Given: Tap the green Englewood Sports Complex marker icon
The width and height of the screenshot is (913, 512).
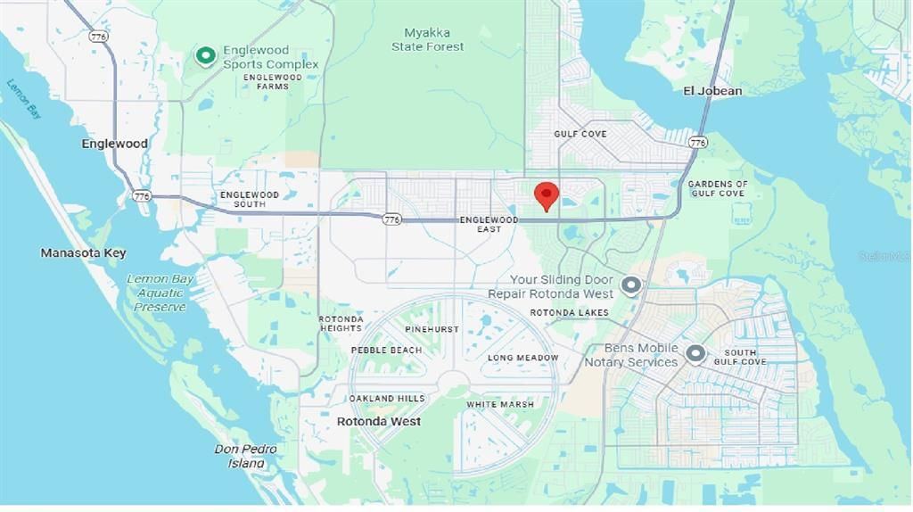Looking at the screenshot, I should [205, 56].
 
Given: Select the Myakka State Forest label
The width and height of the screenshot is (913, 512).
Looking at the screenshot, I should [427, 39].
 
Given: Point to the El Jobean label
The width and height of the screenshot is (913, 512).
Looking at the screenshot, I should [712, 91].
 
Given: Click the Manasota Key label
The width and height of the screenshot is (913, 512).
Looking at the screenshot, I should [84, 253].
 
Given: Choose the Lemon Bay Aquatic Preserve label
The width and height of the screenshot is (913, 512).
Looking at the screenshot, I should [160, 293].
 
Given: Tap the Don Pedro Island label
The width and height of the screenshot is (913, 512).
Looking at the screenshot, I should [246, 456].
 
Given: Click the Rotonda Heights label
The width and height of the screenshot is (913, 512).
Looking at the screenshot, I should [341, 323].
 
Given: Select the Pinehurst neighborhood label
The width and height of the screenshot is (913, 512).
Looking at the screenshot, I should [432, 329].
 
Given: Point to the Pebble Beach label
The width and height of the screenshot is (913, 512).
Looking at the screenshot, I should [386, 351].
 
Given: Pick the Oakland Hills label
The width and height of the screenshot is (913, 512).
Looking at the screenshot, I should [387, 399].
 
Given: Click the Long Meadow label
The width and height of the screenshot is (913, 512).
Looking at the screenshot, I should [523, 358].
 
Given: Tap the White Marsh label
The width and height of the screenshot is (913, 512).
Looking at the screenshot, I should [500, 404].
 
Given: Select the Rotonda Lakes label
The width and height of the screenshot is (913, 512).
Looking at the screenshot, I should [570, 313].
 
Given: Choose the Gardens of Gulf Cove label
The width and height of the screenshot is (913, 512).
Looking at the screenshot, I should [718, 188].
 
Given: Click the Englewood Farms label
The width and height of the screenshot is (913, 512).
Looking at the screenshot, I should [273, 81].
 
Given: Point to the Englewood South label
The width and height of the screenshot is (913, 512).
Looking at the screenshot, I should [250, 199].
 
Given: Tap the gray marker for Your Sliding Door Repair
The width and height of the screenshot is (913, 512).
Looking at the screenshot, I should [631, 285].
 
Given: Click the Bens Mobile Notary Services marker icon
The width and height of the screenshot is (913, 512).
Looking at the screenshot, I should [695, 354].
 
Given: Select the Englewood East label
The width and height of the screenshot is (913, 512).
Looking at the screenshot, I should [489, 224].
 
